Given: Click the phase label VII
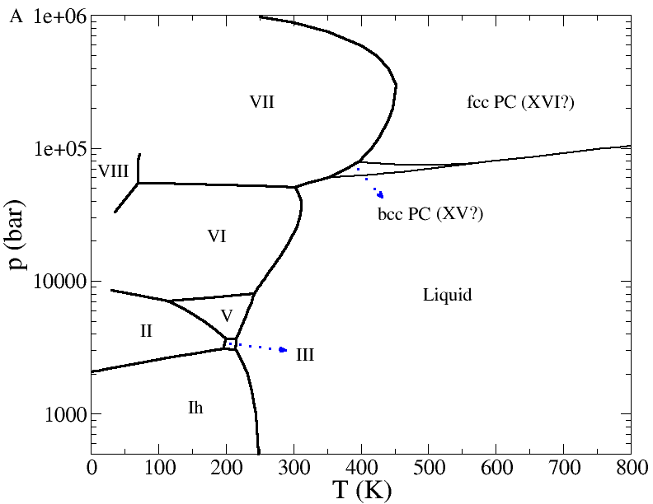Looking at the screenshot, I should (261, 102).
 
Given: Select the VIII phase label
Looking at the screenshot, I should (113, 171).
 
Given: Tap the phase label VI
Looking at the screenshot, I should (217, 236).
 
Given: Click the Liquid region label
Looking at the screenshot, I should (447, 295).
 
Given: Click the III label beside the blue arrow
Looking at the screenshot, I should (305, 356).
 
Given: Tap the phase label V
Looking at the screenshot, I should (228, 316).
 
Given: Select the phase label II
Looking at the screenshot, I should (146, 331).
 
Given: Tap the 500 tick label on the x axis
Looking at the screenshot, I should (428, 467).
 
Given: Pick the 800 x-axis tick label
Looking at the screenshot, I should (631, 467).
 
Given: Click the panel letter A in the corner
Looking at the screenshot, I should (14, 16).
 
